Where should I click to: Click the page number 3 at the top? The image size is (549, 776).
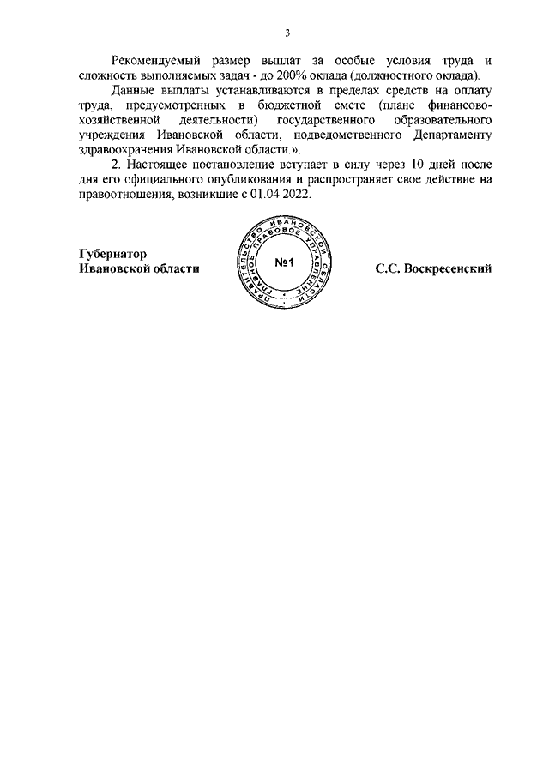288,33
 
